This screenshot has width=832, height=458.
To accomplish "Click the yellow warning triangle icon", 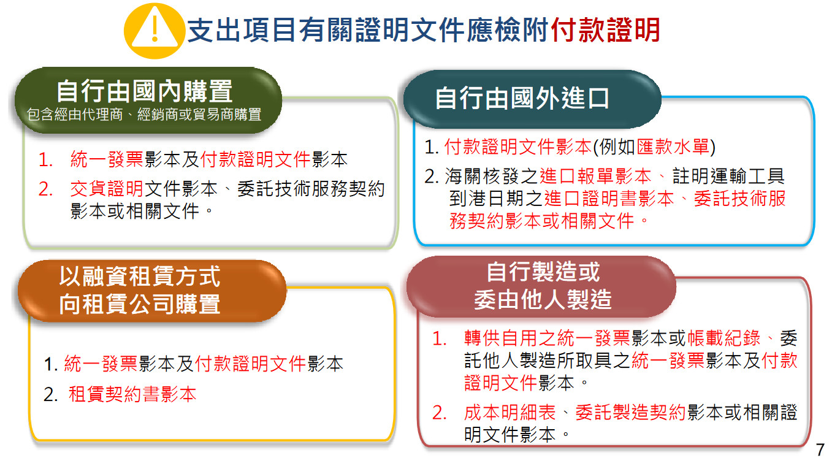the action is tap(155, 31).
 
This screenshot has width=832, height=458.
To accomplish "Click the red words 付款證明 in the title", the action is tap(605, 30).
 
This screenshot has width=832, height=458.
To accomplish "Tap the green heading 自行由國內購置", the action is tap(145, 91).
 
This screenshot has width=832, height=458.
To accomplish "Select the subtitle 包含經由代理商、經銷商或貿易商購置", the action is tap(144, 115).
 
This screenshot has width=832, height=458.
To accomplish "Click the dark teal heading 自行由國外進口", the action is tap(522, 98).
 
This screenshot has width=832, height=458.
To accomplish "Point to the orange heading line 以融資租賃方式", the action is tap(140, 276).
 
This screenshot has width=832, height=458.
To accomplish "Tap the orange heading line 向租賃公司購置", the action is tap(140, 304).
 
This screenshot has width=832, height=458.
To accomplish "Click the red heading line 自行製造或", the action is tap(543, 272).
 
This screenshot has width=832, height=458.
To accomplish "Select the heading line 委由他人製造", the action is tap(543, 299).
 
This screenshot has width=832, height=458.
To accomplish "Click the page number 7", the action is tap(820, 449).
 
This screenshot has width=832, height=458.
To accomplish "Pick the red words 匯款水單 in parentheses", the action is tap(673, 147).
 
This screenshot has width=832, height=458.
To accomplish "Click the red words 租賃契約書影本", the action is tap(132, 394).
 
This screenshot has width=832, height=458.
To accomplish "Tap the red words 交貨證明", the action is tap(107, 189).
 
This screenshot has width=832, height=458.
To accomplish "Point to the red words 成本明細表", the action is tap(510, 412).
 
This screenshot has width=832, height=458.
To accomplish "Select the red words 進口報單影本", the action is tap(595, 176).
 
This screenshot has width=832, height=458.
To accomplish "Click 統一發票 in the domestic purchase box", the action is tap(107, 159).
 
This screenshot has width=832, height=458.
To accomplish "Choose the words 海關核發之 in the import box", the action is tap(491, 176).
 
